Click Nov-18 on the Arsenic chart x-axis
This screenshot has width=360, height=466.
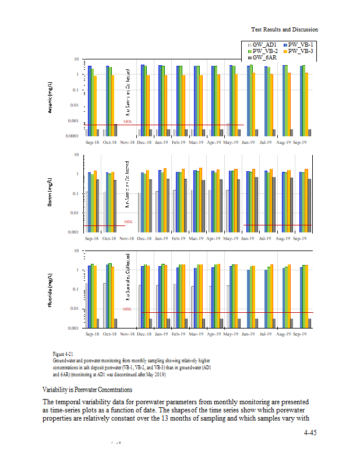[x=128, y=142]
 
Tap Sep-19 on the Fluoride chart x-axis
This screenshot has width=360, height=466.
[x=301, y=335]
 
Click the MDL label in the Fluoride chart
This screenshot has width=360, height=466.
[x=128, y=309]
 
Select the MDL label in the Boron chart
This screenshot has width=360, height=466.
[x=128, y=221]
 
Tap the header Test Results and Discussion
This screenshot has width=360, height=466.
[x=284, y=29]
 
